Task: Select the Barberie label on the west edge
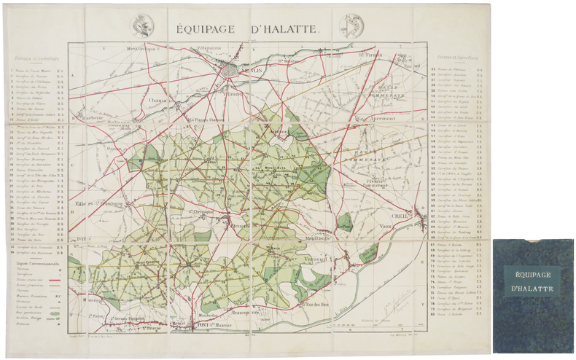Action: (x=93, y=116)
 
